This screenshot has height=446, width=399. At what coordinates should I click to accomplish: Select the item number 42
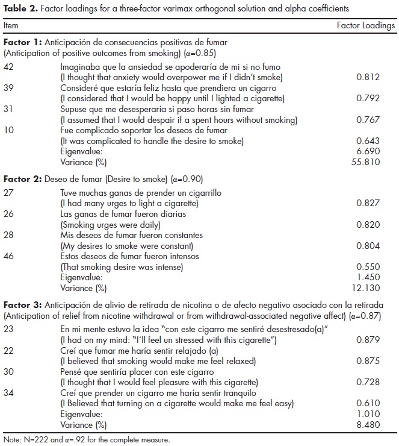pos(10,67)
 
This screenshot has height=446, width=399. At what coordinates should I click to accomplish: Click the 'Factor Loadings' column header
pos(366,26)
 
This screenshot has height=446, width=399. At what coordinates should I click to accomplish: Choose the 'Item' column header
pos(11,26)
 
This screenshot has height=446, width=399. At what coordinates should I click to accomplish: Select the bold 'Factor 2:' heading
pos(23,179)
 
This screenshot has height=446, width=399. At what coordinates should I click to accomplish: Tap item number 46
pos(10,257)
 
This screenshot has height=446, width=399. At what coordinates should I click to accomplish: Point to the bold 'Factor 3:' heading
pos(23,305)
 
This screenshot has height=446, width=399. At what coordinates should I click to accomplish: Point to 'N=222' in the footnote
pos(31,440)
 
